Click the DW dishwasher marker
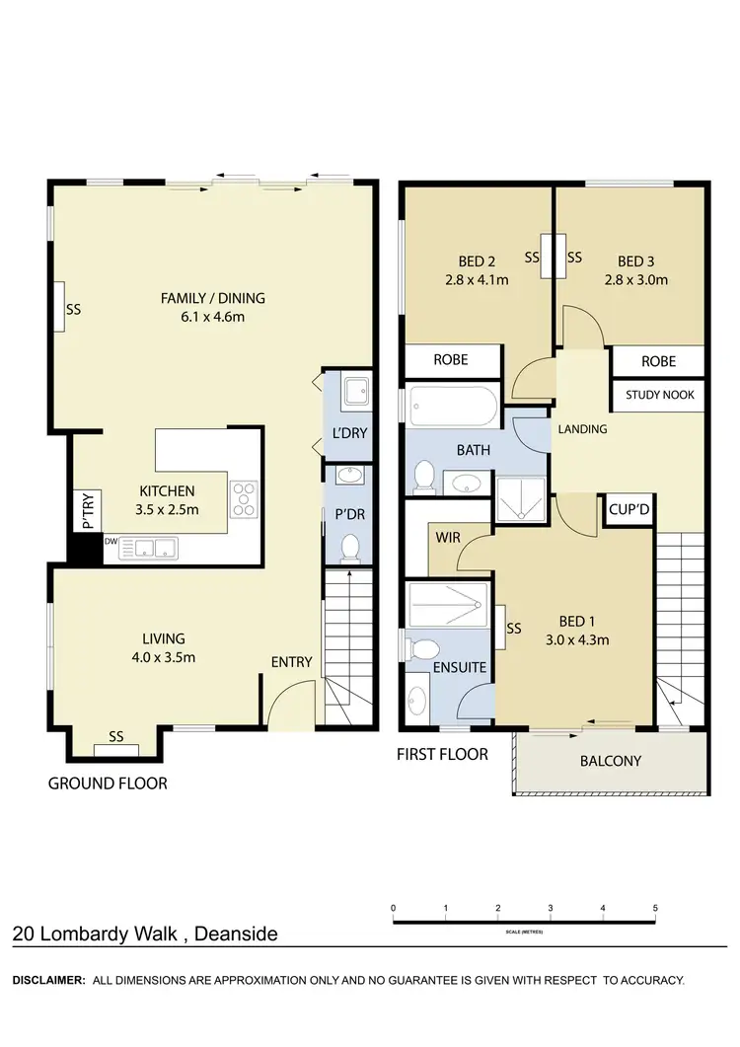coord(110,541)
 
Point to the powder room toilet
coord(348,545)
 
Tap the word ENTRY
coord(291,662)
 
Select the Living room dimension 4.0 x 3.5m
coord(163,657)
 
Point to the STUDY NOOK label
coord(659,395)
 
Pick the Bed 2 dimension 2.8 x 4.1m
coord(477,279)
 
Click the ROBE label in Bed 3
coord(658,361)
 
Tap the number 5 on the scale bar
coord(655,908)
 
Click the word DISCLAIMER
coord(47,981)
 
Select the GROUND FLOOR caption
coord(108,784)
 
